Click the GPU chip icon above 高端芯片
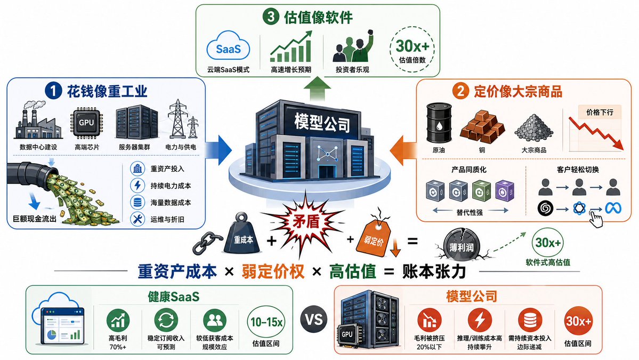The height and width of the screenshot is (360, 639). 86,122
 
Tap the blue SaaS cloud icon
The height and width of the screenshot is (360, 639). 228,49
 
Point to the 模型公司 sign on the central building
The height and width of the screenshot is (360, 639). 322,122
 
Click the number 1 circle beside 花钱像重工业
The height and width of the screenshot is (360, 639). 53,91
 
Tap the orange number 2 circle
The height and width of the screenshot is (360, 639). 460,91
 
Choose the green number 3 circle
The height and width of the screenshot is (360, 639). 271,17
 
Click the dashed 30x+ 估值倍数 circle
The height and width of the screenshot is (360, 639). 412,50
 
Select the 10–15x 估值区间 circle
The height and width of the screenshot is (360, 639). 266,322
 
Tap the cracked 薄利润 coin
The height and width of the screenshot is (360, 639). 461,246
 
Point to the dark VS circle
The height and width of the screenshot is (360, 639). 314,319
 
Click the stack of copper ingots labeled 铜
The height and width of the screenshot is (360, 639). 482,126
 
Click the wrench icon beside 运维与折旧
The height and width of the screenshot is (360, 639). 137,219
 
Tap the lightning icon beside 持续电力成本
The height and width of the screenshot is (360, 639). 137,186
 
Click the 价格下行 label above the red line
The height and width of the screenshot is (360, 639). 600,112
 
